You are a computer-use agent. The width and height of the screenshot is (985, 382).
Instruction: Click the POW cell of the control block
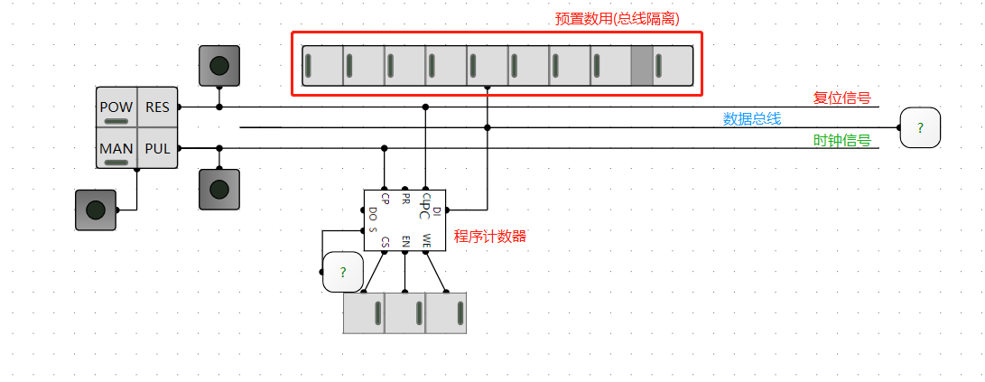click(116, 107)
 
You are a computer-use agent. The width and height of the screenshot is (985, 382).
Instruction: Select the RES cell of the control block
click(158, 107)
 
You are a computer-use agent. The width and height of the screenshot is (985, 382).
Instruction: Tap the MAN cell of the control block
click(116, 148)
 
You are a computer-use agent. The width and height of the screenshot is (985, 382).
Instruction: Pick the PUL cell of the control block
click(158, 148)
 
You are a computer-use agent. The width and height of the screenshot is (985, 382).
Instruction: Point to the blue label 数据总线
click(751, 118)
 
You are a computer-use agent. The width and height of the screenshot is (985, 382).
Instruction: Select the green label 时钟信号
click(841, 140)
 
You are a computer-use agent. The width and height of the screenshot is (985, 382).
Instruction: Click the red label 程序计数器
click(489, 237)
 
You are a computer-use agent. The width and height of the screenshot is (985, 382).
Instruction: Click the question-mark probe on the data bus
click(919, 127)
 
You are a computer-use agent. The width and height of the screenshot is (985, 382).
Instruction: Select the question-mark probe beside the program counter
click(342, 272)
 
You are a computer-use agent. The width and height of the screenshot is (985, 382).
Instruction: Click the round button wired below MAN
click(95, 210)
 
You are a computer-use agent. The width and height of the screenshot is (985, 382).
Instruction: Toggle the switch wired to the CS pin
click(364, 312)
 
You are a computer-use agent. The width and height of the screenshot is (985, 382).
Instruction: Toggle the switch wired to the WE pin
click(446, 312)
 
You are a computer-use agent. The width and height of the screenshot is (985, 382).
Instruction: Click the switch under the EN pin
click(405, 312)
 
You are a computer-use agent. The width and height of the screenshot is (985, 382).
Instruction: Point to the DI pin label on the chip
click(437, 210)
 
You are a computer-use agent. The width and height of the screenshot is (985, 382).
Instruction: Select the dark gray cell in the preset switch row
click(640, 64)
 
